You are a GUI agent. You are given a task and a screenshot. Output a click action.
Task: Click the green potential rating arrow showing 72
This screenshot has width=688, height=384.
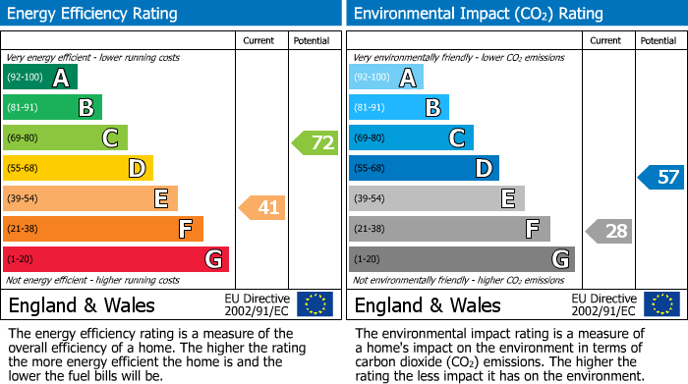315,143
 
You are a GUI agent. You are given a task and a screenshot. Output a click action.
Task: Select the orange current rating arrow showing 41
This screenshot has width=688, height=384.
262,207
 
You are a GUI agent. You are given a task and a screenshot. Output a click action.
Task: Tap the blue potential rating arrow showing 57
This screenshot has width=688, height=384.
661,178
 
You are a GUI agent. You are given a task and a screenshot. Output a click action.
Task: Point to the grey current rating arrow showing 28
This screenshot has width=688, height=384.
609,232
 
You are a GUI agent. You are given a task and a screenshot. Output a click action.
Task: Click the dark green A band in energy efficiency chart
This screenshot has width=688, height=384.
40,78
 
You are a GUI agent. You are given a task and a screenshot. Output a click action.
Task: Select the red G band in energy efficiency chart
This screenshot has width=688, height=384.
116,259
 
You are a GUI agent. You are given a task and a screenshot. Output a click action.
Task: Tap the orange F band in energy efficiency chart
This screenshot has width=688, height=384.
103,230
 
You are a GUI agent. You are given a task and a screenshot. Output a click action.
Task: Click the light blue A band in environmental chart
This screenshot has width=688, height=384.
386,78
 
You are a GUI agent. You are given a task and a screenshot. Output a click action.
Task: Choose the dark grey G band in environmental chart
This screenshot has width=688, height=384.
462,259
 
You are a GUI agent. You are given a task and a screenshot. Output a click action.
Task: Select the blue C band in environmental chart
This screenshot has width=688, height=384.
411,138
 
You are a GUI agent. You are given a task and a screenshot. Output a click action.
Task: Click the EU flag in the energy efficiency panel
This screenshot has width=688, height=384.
315,304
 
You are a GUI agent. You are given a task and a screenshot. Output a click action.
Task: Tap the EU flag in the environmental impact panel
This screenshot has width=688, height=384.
660,304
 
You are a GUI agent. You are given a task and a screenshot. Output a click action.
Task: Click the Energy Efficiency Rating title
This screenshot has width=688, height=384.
93,14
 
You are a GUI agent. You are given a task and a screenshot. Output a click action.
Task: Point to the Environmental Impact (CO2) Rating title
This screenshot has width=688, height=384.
477,14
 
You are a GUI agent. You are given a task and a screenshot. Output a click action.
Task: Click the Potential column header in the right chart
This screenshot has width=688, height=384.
658,40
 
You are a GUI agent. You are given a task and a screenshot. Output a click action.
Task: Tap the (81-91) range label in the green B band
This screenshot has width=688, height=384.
25,108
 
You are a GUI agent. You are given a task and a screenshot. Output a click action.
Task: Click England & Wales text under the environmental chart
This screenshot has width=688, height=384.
428,305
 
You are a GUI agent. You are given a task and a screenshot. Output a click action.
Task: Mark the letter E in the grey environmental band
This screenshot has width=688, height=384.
508,199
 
